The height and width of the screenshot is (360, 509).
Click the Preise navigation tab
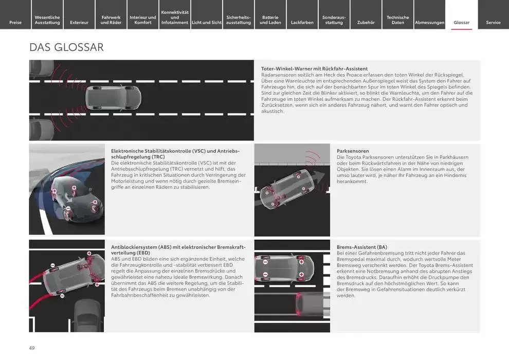pos(15,23)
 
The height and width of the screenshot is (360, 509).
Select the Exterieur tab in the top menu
pos(79,23)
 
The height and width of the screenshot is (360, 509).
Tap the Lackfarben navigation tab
pos(302,23)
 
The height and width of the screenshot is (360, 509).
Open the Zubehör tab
pos(366,23)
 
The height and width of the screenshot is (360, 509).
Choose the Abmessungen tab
pos(429,23)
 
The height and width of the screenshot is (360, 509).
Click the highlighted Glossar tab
pos(461,23)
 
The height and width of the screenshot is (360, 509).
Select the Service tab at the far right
pos(493,23)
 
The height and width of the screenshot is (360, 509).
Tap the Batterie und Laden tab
pos(270,20)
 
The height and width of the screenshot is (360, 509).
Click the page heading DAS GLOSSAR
pos(66,47)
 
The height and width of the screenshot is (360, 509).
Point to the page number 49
pos(32,348)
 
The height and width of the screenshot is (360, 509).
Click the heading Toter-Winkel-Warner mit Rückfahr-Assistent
pos(314,69)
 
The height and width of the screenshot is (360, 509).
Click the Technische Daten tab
pos(397,20)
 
